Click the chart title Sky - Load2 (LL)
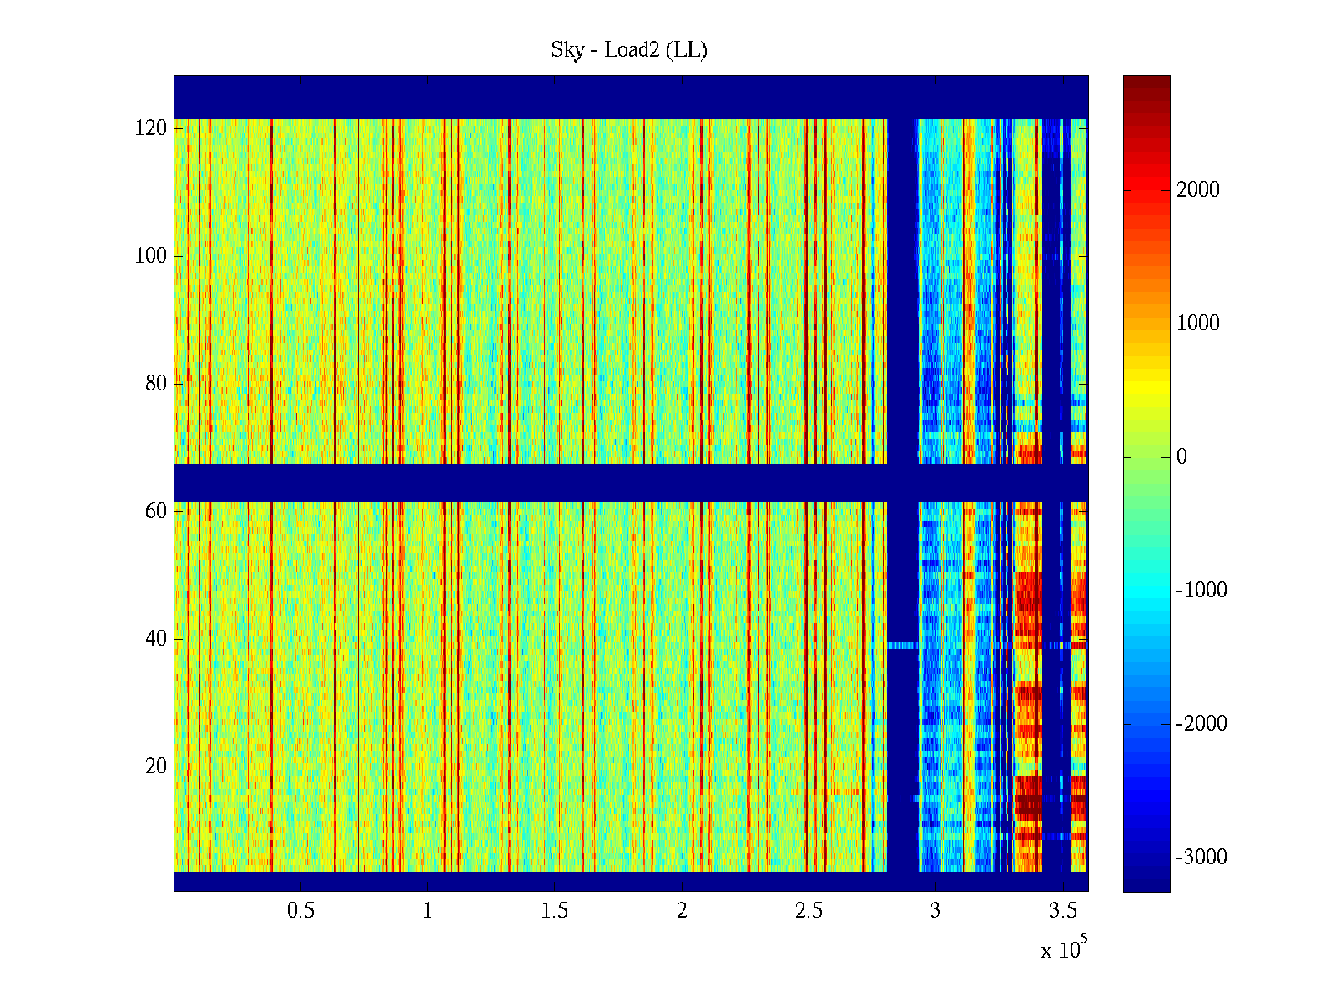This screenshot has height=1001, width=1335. [x=629, y=50]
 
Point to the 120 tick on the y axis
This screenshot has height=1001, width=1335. [x=151, y=128]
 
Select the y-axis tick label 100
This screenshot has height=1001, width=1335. [x=151, y=256]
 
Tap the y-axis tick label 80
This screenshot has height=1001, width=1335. [x=156, y=384]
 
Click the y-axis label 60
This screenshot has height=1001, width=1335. [x=156, y=511]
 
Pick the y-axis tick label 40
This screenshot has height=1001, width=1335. [x=156, y=639]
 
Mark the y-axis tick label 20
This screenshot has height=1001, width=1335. [x=156, y=767]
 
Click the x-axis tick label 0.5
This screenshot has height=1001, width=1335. [x=300, y=911]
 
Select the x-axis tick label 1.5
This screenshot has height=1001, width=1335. [x=555, y=911]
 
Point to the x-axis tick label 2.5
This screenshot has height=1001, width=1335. [x=809, y=911]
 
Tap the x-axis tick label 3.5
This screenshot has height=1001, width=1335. [x=1063, y=911]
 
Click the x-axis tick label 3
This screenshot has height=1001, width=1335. [x=935, y=911]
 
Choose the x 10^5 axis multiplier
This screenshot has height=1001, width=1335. [x=1064, y=948]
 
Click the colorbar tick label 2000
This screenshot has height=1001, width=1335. [x=1198, y=190]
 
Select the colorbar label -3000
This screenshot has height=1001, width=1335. [x=1201, y=858]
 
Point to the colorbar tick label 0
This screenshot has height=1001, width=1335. [x=1181, y=457]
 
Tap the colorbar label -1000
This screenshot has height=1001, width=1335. [x=1201, y=591]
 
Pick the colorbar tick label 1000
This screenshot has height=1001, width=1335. [x=1198, y=324]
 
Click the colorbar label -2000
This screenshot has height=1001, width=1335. [x=1201, y=724]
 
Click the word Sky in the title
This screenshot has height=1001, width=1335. [x=567, y=50]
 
